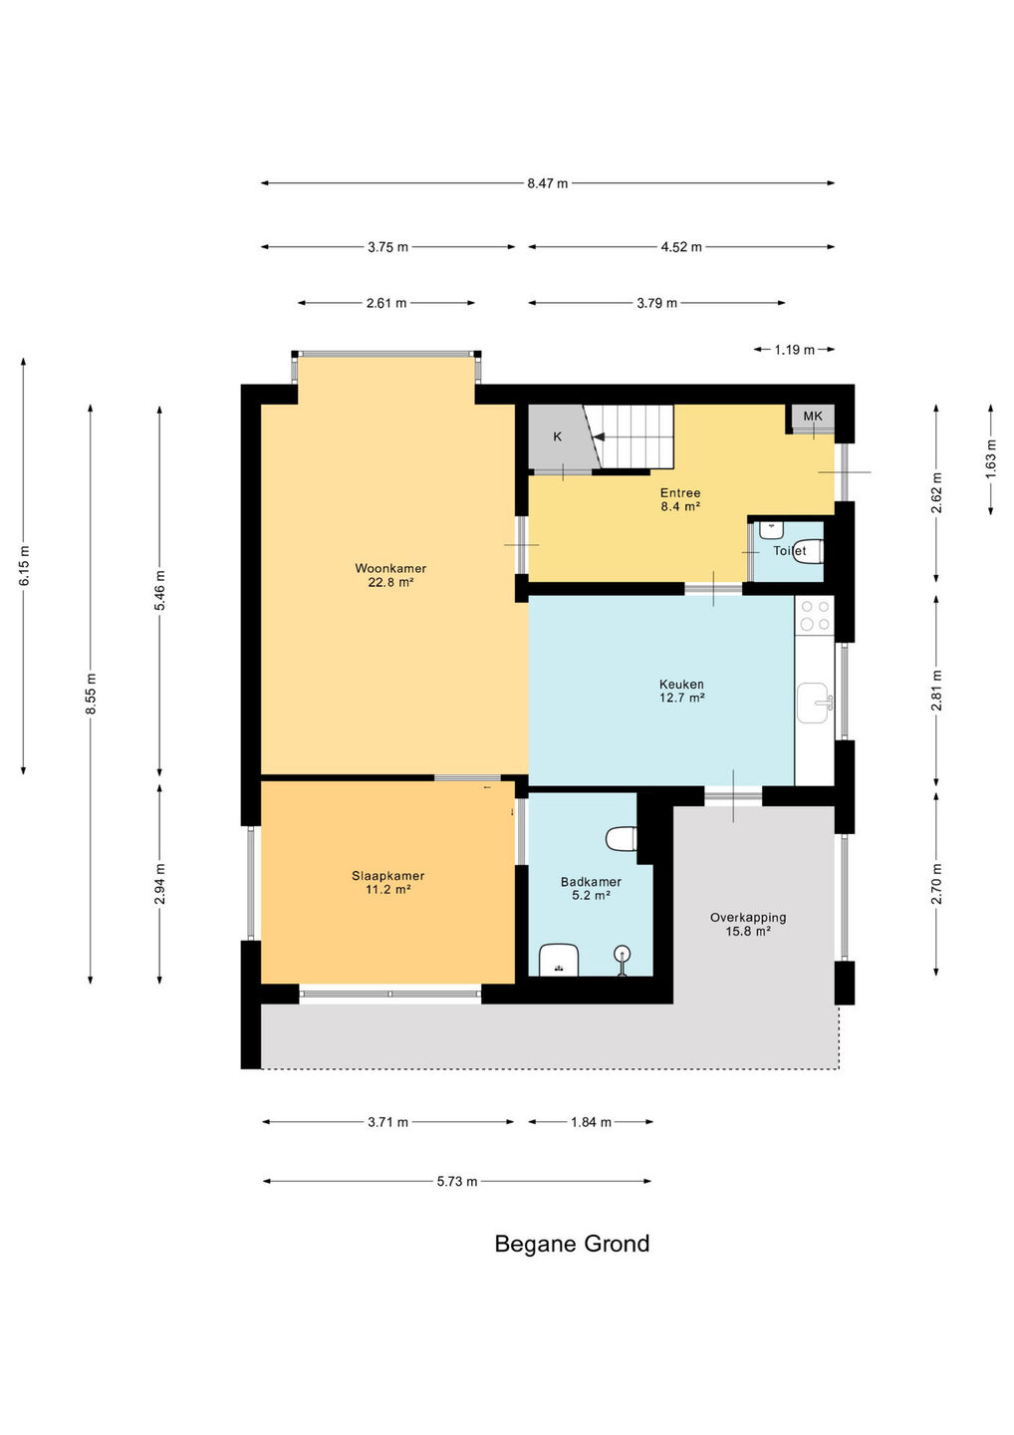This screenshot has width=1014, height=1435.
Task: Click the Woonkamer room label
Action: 390,575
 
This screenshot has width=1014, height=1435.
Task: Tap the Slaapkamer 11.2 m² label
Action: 387,882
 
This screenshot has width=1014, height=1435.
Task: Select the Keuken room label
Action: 681,691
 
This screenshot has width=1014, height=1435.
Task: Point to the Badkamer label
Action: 591,888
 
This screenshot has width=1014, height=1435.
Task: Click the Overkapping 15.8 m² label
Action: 748,924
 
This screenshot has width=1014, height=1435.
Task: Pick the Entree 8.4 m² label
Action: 680,499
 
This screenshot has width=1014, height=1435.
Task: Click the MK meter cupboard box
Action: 813,417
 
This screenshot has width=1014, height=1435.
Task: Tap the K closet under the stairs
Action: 557,437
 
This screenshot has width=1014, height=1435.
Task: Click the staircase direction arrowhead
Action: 600,436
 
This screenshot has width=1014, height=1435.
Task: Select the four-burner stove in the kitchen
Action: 815,615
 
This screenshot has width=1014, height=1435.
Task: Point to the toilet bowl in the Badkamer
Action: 621,839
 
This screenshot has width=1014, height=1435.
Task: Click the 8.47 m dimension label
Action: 547,183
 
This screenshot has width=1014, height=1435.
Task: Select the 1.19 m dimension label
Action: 795,350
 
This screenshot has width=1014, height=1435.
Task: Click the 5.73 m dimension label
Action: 457,1181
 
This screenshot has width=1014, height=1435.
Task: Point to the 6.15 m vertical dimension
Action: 24,565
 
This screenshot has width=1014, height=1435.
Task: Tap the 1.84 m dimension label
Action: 591,1122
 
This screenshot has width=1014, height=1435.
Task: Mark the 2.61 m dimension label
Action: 386,303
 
